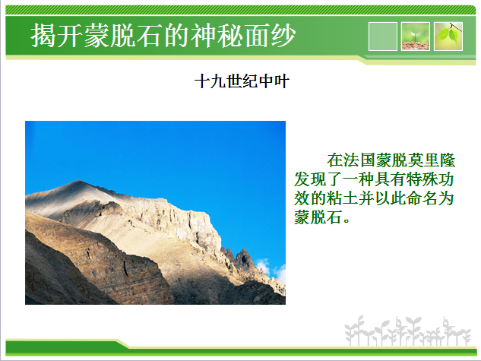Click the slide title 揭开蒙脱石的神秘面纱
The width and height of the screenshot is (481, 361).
pos(163,35)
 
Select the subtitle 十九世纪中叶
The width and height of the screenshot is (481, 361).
pos(242,81)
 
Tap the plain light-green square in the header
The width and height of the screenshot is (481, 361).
pos(382,36)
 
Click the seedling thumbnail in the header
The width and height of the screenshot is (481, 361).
pos(416,36)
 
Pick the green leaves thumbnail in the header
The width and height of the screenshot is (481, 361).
pos(448,36)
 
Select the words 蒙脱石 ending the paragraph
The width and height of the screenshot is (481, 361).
pos(318,217)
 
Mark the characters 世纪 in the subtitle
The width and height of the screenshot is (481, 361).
pos(242,81)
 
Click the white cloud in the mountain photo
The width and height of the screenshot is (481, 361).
pos(271,271)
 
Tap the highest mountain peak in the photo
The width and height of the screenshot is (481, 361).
pos(78,182)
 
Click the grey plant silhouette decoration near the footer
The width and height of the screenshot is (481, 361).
pos(407,331)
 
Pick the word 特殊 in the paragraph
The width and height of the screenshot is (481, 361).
pos(422,179)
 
